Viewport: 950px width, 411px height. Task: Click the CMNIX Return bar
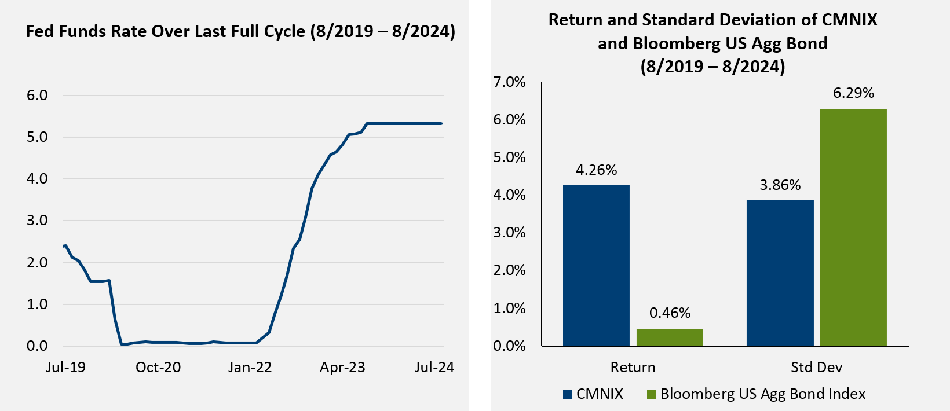[596, 266]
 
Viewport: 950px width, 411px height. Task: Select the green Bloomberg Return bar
[670, 337]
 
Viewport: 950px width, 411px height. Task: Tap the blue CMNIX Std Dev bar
[780, 273]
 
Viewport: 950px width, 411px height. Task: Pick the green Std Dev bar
[853, 227]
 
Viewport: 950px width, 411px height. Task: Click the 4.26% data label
[596, 170]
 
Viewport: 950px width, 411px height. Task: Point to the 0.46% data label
[670, 313]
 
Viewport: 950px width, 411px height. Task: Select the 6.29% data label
[853, 93]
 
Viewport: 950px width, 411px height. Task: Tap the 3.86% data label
[780, 185]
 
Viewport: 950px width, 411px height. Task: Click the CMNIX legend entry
[593, 394]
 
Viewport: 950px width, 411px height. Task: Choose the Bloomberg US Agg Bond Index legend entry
[756, 394]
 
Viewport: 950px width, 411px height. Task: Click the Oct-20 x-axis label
[158, 368]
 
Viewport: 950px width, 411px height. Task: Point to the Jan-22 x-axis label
[250, 368]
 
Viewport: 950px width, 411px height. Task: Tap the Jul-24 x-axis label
[434, 368]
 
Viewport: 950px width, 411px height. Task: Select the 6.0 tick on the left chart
[37, 96]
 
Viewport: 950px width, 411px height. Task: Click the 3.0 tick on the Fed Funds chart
[37, 221]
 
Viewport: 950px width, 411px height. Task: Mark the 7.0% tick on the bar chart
[510, 82]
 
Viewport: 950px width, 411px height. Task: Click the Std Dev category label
[816, 368]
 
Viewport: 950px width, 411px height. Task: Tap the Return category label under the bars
[633, 368]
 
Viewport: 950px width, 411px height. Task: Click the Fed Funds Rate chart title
[240, 31]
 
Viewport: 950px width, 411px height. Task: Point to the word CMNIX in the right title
[849, 20]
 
